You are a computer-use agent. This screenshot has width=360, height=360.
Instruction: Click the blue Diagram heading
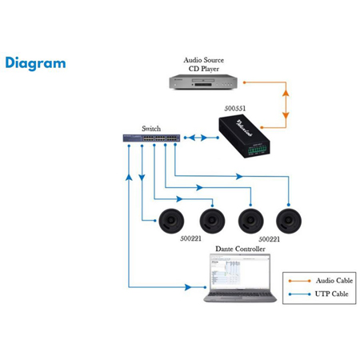pyautogui.click(x=35, y=63)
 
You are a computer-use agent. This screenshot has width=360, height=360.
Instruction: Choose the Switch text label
pyautogui.click(x=150, y=128)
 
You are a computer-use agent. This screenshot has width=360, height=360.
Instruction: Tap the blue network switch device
pyautogui.click(x=150, y=138)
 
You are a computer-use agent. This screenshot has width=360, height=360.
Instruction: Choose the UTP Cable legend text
pyautogui.click(x=330, y=295)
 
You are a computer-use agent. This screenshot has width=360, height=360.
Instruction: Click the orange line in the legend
pyautogui.click(x=299, y=282)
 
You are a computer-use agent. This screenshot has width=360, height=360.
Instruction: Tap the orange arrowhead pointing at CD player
pyautogui.click(x=247, y=82)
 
